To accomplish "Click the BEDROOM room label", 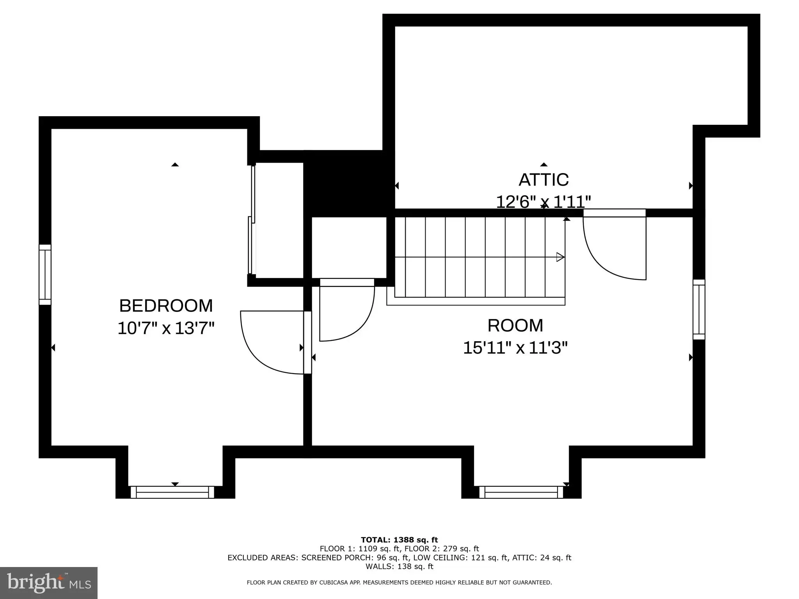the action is tap(166, 306).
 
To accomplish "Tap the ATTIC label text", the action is tap(543, 180).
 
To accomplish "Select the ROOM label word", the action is tap(515, 326).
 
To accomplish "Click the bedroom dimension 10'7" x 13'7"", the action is tap(166, 328).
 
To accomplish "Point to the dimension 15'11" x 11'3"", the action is tap(515, 347).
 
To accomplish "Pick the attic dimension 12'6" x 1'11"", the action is tap(543, 202).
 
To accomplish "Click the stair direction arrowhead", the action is tap(560, 257).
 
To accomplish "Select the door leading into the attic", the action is tap(614, 245).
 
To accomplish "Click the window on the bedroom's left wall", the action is tap(45, 275).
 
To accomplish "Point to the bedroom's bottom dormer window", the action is tap(172, 492).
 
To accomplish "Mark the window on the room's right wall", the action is tap(699, 310).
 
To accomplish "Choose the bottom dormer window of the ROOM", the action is tap(521, 492).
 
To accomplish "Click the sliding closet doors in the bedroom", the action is tap(252, 220).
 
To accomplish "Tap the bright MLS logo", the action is tap(49, 583).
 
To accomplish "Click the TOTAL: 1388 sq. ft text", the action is tap(399, 540).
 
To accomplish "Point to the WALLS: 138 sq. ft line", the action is tap(399, 567).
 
